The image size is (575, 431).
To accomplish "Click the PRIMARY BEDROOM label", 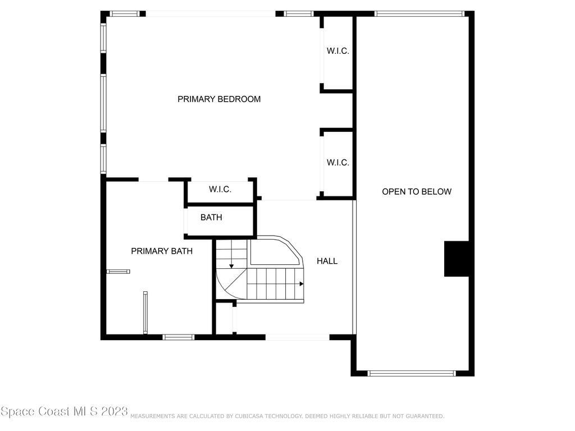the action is [219, 99].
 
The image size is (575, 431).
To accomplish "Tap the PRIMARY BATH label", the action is [162, 251].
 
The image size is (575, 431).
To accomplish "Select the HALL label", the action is [327, 261].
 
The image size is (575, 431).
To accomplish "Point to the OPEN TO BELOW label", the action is [417, 191].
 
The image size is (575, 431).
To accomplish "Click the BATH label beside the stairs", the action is [211, 217].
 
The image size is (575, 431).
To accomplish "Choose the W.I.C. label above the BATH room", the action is [220, 189].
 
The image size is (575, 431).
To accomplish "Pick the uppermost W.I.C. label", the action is [337, 51].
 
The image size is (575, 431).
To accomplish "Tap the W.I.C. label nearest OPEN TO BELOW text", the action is [337, 162].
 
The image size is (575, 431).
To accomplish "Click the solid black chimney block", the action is [457, 259].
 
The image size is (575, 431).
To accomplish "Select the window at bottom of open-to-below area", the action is [412, 373].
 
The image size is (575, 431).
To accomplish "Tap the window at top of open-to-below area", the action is [419, 14].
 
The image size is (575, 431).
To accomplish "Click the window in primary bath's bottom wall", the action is [179, 337].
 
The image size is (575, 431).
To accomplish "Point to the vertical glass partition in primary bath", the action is [145, 313].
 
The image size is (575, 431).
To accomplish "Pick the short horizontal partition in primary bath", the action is [118, 272].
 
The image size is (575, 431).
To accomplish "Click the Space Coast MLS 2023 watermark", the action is [64, 411].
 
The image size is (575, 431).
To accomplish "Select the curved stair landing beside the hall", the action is [276, 251].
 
